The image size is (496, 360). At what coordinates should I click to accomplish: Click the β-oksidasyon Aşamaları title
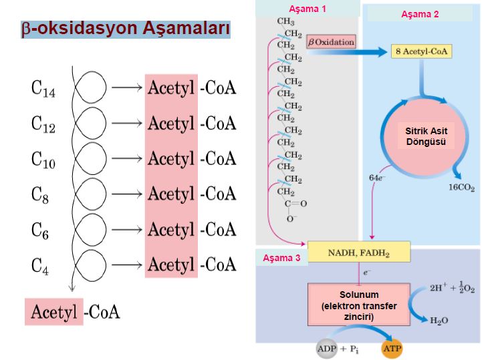[126, 29]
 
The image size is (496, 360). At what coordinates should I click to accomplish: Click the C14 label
[43, 89]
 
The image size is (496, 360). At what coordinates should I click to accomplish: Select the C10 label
[43, 159]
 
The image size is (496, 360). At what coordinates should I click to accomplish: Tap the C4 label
[41, 264]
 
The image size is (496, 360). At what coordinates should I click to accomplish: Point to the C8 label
[41, 194]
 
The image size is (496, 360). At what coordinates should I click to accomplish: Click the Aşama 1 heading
[307, 9]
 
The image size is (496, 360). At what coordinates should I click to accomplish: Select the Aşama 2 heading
[420, 14]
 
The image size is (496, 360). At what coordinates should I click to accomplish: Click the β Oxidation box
[331, 42]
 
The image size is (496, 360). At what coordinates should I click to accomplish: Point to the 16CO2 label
[461, 188]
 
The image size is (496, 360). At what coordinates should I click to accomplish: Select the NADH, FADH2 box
[359, 254]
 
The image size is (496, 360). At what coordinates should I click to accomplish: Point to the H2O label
[438, 321]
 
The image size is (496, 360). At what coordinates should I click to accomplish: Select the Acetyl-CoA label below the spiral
[74, 312]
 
